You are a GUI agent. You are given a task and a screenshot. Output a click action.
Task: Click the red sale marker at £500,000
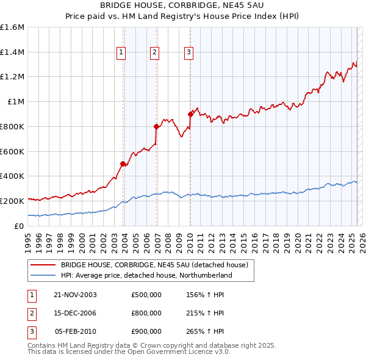pos(123,164)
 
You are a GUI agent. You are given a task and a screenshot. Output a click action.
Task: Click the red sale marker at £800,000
pos(157,126)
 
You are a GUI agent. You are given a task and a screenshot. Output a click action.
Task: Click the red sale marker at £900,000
pos(190,114)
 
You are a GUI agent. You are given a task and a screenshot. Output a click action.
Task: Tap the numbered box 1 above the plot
pos(121,53)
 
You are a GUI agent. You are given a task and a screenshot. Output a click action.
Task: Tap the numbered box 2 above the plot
pos(155,53)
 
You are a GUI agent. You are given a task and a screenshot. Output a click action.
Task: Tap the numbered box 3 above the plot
pos(188,53)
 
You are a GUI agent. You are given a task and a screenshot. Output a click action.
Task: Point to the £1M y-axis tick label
pos(16,102)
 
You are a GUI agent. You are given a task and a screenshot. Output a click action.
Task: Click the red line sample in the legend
pos(42,265)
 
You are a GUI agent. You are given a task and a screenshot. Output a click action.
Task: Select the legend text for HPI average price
pos(146,276)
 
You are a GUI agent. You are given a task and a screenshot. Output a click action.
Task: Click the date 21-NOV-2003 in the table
pos(76,295)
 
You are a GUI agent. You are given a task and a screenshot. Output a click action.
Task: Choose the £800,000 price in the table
pos(146,313)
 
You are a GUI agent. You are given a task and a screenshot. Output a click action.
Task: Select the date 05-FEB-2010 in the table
pos(76,331)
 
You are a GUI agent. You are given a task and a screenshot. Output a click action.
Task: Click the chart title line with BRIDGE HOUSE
pos(183,5)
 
